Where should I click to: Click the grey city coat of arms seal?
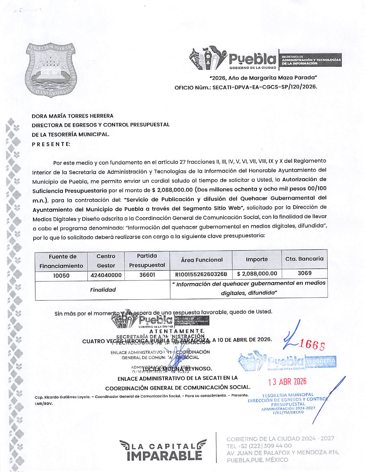click(51, 70)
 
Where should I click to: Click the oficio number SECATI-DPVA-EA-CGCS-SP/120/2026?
click(264, 87)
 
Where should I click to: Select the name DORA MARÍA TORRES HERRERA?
click(72, 116)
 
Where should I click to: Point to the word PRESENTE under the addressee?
click(51, 144)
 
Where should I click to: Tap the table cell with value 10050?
click(61, 276)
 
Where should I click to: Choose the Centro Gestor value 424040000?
click(106, 275)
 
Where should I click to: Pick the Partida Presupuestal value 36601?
click(147, 275)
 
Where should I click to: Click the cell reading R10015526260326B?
click(201, 274)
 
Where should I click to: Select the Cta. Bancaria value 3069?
click(305, 273)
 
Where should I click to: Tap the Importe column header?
click(257, 259)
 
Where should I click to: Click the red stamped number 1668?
click(312, 344)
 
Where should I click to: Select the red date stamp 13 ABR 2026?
click(287, 382)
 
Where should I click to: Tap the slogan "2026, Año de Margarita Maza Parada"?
click(263, 78)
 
